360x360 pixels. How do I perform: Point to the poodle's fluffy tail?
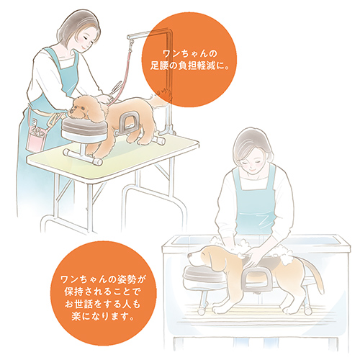158,99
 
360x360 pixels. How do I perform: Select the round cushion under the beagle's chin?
204,275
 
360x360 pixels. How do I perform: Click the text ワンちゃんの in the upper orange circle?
190,53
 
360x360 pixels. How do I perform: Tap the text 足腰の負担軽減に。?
190,66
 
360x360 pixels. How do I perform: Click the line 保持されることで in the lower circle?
102,292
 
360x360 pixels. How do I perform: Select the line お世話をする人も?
102,304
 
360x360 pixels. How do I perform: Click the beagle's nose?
189,255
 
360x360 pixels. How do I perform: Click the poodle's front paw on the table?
97,157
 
